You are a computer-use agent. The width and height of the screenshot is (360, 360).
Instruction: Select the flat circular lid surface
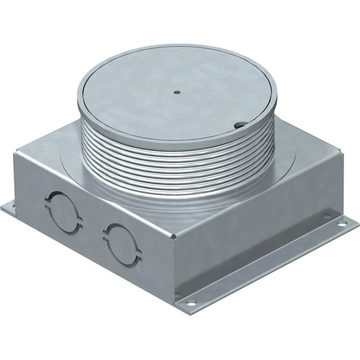tap(180, 99)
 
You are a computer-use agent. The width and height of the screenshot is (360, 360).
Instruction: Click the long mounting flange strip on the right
tap(270, 265)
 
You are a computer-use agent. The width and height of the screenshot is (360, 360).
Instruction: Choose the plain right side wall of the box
tap(252, 234)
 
